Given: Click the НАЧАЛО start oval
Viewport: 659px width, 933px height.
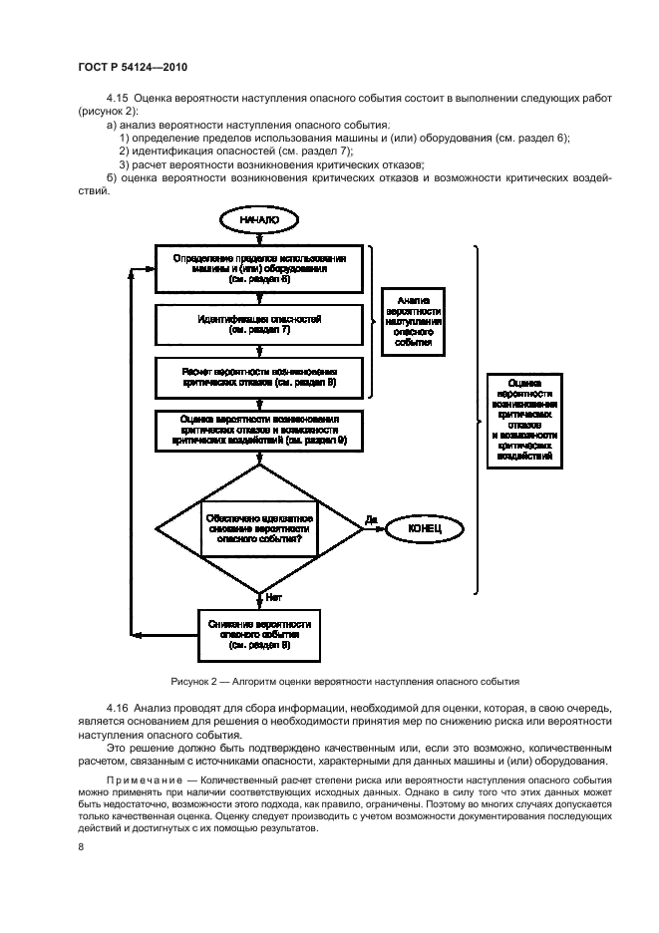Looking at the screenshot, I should click(259, 218).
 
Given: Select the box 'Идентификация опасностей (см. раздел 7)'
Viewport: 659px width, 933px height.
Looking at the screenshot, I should click(259, 323).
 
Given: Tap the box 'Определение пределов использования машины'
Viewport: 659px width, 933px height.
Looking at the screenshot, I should click(259, 268).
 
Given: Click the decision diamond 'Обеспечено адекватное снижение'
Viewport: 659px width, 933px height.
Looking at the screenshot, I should click(259, 525).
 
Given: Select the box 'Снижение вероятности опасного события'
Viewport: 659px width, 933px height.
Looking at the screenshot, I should click(259, 634).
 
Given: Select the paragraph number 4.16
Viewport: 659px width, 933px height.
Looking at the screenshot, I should click(117, 706).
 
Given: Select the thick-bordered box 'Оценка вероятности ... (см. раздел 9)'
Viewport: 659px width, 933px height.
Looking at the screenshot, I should click(259, 429).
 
